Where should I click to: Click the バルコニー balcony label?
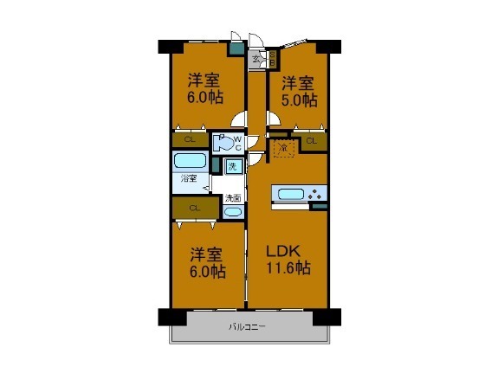[247, 327]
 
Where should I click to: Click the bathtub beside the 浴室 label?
[190, 161]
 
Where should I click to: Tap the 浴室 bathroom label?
[189, 178]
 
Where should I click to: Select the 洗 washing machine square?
[232, 166]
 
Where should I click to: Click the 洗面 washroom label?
[232, 198]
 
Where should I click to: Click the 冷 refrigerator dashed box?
[283, 148]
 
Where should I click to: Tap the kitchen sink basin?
[291, 193]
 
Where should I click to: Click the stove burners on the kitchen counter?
[317, 193]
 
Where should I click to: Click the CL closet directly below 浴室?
[194, 208]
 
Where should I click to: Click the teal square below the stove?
[320, 207]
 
